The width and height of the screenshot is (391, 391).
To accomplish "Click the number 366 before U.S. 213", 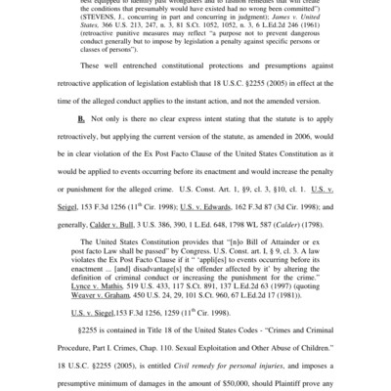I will point(95,43).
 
